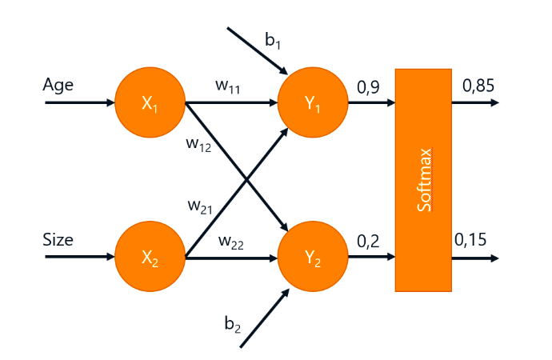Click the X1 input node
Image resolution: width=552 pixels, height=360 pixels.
pyautogui.click(x=150, y=103)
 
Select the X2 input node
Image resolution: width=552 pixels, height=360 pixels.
pyautogui.click(x=150, y=258)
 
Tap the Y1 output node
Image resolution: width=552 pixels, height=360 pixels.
pyautogui.click(x=312, y=103)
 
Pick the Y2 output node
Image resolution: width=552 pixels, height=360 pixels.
pyautogui.click(x=312, y=258)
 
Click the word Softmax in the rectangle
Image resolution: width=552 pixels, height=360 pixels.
pyautogui.click(x=424, y=179)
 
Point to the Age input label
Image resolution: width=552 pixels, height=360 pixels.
pyautogui.click(x=58, y=85)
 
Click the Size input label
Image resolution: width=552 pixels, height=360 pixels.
pyautogui.click(x=58, y=239)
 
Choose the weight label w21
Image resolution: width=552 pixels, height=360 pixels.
pyautogui.click(x=200, y=206)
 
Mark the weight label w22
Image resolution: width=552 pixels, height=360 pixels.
pyautogui.click(x=230, y=241)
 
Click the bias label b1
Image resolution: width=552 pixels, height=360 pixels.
pyautogui.click(x=273, y=39)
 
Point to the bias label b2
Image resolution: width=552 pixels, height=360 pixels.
pyautogui.click(x=232, y=323)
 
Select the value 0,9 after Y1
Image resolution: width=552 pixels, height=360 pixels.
pyautogui.click(x=368, y=85)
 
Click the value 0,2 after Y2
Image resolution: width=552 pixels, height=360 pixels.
pyautogui.click(x=368, y=240)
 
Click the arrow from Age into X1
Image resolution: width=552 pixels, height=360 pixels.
pyautogui.click(x=80, y=103)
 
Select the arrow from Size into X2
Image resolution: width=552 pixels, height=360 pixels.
pyautogui.click(x=80, y=258)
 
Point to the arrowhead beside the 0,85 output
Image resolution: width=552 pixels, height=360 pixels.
pyautogui.click(x=495, y=103)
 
